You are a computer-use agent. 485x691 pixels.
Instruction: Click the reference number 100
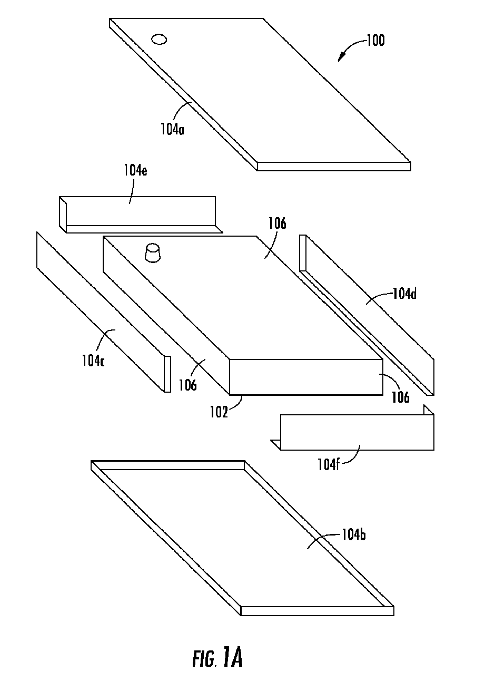pos(375,41)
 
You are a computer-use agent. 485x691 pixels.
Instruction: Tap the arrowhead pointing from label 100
pos(341,57)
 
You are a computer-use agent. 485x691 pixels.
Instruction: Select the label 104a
pos(172,129)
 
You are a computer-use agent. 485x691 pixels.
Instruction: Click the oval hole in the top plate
pos(159,39)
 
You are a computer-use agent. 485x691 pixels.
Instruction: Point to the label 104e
pos(135,170)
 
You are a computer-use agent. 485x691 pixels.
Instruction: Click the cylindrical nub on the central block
pos(153,253)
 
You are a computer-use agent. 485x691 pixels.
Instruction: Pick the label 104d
pos(404,294)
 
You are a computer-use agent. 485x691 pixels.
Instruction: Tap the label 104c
pos(93,361)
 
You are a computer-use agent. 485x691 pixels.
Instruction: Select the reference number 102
pos(219,412)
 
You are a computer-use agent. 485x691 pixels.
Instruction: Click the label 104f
pos(329,464)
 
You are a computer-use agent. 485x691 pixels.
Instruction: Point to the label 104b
pos(354,534)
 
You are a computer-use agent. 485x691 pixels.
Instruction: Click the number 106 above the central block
pos(277,223)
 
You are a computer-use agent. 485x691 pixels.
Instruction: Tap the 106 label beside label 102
pos(188,385)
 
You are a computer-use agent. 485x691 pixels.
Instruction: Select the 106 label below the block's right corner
pos(400,397)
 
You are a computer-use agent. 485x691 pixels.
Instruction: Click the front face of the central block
pos(306,377)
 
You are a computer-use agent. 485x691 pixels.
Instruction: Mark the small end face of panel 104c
pos(167,374)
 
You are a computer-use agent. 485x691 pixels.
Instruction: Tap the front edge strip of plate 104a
pos(334,167)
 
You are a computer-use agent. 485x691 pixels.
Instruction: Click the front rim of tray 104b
pos(318,611)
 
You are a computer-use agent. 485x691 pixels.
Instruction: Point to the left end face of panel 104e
pos(63,215)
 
